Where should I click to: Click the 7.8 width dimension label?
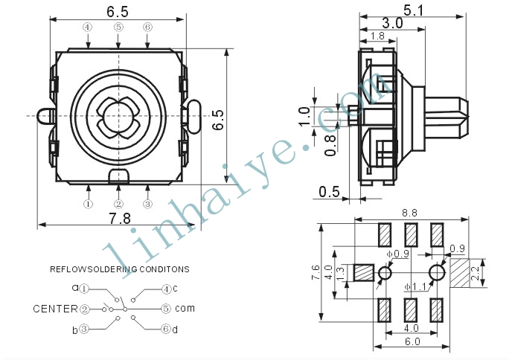pyautogui.click(x=120, y=219)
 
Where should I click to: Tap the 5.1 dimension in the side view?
pyautogui.click(x=413, y=10)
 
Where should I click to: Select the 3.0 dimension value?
pyautogui.click(x=392, y=23)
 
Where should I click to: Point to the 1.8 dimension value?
pyautogui.click(x=378, y=36)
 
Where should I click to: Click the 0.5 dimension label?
pyautogui.click(x=329, y=192)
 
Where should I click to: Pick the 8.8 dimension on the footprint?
pyautogui.click(x=409, y=213)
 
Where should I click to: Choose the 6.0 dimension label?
pyautogui.click(x=412, y=341)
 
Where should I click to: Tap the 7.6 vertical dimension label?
pyautogui.click(x=316, y=272)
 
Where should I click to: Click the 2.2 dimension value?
pyautogui.click(x=475, y=274)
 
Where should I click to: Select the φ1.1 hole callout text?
pyautogui.click(x=415, y=287)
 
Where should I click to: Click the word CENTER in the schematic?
pyautogui.click(x=56, y=309)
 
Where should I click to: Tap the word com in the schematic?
pyautogui.click(x=185, y=308)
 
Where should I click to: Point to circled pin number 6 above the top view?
pyautogui.click(x=147, y=27)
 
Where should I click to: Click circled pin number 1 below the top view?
pyautogui.click(x=88, y=205)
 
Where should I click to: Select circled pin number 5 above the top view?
pyautogui.click(x=118, y=27)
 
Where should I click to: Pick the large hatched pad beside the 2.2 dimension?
pyautogui.click(x=460, y=273)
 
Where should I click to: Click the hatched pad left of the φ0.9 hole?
pyautogui.click(x=364, y=273)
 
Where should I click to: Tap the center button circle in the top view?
pyautogui.click(x=118, y=116)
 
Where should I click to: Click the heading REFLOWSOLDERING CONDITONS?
pyautogui.click(x=120, y=269)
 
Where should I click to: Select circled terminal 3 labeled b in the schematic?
pyautogui.click(x=84, y=329)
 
